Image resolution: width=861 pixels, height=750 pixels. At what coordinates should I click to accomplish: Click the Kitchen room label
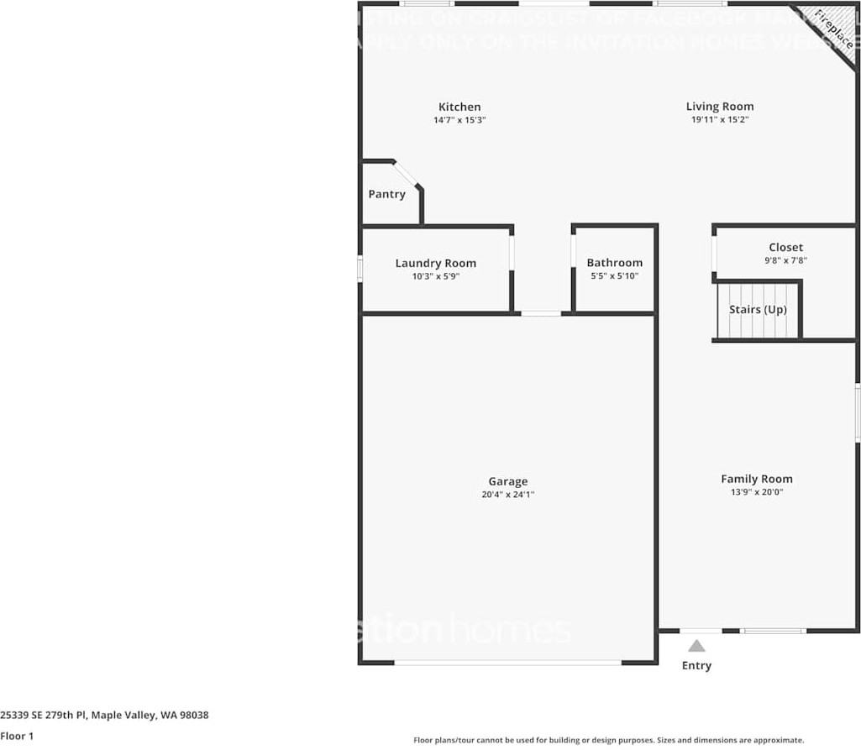pyautogui.click(x=459, y=107)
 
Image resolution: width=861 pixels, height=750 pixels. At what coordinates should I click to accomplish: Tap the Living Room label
pyautogui.click(x=720, y=106)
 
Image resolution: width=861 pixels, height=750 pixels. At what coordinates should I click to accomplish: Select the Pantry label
pyautogui.click(x=386, y=194)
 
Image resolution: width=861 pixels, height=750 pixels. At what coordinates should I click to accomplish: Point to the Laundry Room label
pyautogui.click(x=435, y=263)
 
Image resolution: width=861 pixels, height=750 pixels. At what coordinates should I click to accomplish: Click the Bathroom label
pyautogui.click(x=614, y=263)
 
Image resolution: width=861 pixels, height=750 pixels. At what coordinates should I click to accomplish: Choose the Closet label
pyautogui.click(x=785, y=247)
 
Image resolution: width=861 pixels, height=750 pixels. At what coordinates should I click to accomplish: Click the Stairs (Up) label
pyautogui.click(x=758, y=309)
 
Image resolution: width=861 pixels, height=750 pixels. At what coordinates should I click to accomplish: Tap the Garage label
pyautogui.click(x=508, y=481)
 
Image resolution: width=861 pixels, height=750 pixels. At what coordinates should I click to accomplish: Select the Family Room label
pyautogui.click(x=756, y=479)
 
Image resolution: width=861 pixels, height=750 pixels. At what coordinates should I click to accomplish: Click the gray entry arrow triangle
pyautogui.click(x=696, y=646)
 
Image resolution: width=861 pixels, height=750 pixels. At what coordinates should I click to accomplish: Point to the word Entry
pyautogui.click(x=696, y=665)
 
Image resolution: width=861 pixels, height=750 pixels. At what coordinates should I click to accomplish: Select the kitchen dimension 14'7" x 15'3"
pyautogui.click(x=459, y=120)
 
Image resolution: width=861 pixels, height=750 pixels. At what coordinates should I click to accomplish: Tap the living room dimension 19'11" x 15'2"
pyautogui.click(x=720, y=120)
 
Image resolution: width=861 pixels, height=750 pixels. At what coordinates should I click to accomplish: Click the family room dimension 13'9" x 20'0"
pyautogui.click(x=756, y=492)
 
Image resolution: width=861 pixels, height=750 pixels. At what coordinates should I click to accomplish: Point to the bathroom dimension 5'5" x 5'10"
pyautogui.click(x=614, y=275)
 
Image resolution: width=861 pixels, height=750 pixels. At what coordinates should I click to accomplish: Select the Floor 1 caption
pyautogui.click(x=17, y=736)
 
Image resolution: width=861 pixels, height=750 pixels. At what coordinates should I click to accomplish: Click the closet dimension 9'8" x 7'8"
pyautogui.click(x=785, y=260)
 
